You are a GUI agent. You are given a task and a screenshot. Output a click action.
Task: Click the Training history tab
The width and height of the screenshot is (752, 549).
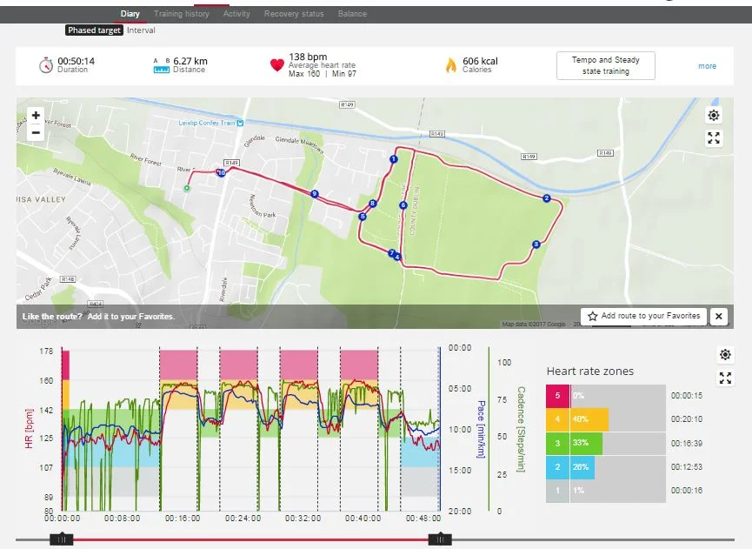181,14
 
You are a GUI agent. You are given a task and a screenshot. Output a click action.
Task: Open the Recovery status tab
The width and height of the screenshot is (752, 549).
294,14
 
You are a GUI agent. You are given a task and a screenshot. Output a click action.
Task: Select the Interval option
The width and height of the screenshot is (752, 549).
141,30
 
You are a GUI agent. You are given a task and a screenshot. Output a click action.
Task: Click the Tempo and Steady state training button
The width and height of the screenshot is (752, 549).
605,65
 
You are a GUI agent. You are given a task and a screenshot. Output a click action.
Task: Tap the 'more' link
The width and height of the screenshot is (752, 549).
707,66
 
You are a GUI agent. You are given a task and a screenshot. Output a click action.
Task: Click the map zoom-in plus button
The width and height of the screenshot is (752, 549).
36,116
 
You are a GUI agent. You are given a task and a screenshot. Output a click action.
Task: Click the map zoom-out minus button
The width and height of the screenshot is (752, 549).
36,133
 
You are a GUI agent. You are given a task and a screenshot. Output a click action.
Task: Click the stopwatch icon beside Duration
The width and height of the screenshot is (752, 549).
46,65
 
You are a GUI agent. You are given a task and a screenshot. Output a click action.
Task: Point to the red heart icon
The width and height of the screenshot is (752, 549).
277,65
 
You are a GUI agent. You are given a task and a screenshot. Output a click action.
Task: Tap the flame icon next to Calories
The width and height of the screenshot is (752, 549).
450,65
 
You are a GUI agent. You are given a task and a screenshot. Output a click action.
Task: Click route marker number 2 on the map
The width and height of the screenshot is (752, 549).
547,198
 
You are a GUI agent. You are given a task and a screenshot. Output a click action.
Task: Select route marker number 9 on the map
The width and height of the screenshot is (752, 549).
314,194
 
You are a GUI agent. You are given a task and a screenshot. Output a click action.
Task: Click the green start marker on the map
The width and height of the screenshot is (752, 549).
186,187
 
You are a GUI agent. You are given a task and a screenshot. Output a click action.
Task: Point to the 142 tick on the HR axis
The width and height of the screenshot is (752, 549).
48,410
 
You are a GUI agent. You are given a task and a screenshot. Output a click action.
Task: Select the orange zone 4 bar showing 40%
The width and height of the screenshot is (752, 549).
589,419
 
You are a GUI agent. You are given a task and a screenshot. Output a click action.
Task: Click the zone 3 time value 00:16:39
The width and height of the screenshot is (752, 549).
687,443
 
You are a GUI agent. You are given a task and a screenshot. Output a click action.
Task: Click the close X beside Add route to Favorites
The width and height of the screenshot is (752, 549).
718,317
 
